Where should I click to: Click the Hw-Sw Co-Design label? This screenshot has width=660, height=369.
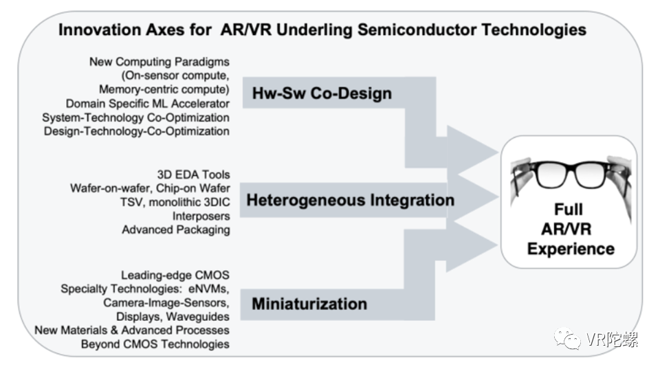tap(321, 93)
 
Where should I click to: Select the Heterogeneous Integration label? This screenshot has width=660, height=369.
tap(350, 201)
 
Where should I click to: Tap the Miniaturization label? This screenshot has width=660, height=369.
tap(309, 303)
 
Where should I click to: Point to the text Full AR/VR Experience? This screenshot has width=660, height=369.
tap(570, 228)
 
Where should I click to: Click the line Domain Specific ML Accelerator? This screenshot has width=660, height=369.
tap(148, 103)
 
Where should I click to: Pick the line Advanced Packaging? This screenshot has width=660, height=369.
tap(175, 230)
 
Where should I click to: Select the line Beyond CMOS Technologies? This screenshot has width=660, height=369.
tap(155, 344)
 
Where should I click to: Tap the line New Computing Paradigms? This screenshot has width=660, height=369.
tap(159, 62)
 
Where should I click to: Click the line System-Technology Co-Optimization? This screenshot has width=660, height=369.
tap(135, 117)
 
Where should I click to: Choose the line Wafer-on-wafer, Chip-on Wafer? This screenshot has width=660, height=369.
tap(150, 188)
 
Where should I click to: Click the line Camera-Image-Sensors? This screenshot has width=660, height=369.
tap(166, 302)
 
